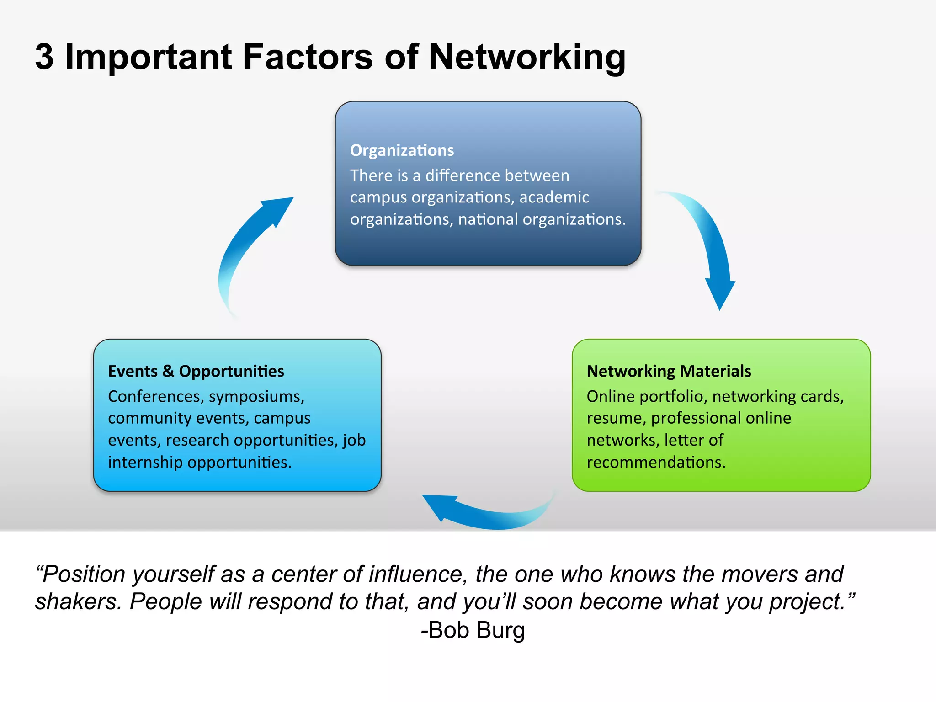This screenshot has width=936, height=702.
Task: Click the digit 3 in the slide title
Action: pos(44,57)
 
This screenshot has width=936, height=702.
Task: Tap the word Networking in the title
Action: pos(527,58)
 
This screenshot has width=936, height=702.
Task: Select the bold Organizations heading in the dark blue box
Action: pos(402,150)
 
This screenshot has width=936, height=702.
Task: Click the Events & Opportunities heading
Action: pos(196,371)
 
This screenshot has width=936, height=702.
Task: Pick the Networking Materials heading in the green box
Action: pos(669,371)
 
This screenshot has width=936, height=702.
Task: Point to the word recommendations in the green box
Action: pos(656,463)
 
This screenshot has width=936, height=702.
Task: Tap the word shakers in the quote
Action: pos(78,601)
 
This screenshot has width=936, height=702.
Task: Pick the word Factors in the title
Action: pos(308,57)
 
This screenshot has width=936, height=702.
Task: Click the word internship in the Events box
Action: pos(145,463)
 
